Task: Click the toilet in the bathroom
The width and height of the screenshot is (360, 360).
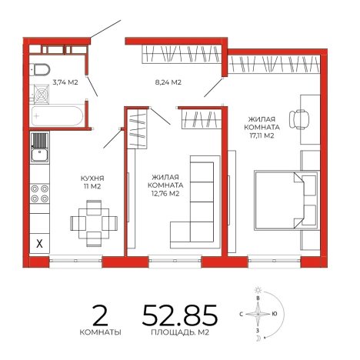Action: (40, 69)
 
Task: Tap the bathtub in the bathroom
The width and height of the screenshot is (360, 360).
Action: (56, 116)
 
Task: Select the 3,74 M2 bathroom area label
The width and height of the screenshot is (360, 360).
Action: (65, 82)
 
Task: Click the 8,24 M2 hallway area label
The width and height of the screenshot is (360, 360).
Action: (168, 82)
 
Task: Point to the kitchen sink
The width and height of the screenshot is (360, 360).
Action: (39, 147)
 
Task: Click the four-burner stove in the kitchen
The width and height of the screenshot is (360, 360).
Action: (39, 194)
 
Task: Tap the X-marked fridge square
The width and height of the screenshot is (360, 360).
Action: (39, 243)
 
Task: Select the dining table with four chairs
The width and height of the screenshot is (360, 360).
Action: (94, 223)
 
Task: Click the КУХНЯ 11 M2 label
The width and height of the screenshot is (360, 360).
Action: (92, 182)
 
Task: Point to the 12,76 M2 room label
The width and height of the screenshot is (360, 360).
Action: (165, 185)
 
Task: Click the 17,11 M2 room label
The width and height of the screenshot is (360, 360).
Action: (262, 127)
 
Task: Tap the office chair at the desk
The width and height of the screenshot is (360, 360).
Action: (299, 119)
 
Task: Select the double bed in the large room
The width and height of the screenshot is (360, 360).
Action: (287, 200)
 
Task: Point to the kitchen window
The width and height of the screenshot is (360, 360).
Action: (75, 261)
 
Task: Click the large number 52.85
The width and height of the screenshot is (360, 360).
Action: (180, 315)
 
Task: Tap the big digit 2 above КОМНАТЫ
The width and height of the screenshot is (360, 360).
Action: (100, 315)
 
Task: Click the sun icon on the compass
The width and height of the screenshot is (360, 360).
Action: (258, 290)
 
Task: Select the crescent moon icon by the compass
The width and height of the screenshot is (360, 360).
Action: (258, 338)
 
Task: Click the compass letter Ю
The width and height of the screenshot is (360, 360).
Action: (275, 314)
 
